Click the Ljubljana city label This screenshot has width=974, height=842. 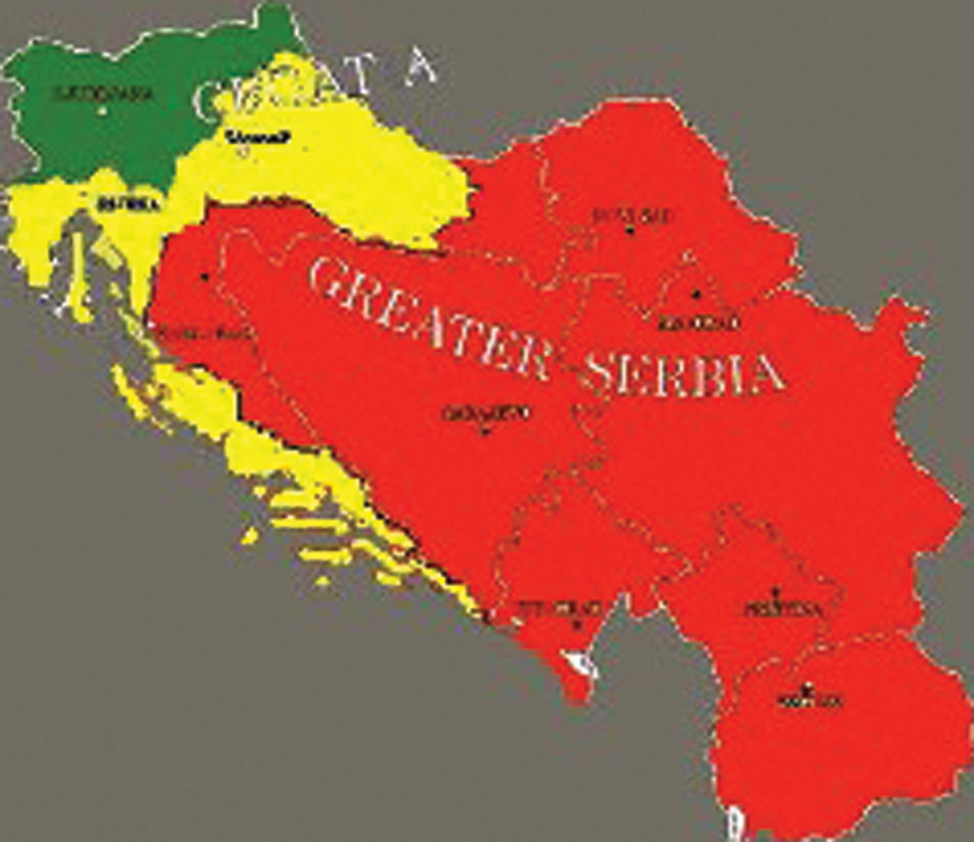[x=102, y=94]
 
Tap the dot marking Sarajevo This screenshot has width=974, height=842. [x=484, y=429]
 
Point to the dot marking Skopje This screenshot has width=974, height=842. [x=805, y=687]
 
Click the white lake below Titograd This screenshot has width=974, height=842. [x=585, y=665]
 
